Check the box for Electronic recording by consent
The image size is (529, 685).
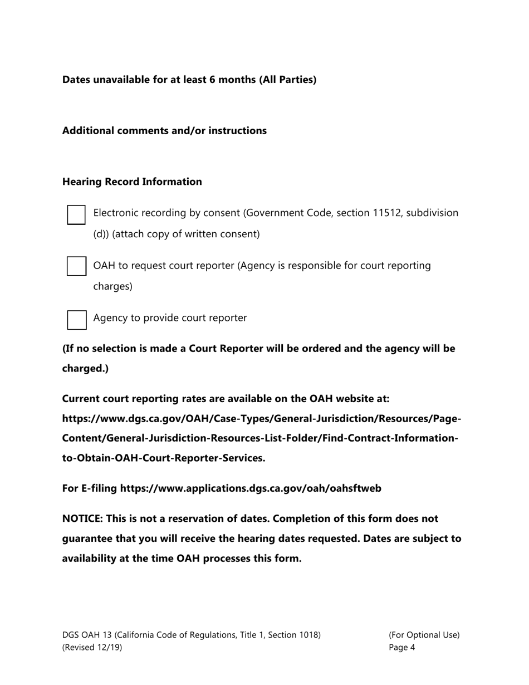[x=76, y=214]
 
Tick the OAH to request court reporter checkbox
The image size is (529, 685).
[x=76, y=266]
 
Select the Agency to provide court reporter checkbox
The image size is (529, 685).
[x=76, y=320]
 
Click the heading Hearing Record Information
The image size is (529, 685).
[x=132, y=182]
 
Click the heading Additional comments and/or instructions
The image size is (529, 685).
[x=164, y=130]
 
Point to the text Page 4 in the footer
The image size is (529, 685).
[x=401, y=647]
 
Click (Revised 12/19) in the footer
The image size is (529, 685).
[x=92, y=647]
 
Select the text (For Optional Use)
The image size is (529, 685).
[x=424, y=634]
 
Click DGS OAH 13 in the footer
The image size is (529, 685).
[x=89, y=634]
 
